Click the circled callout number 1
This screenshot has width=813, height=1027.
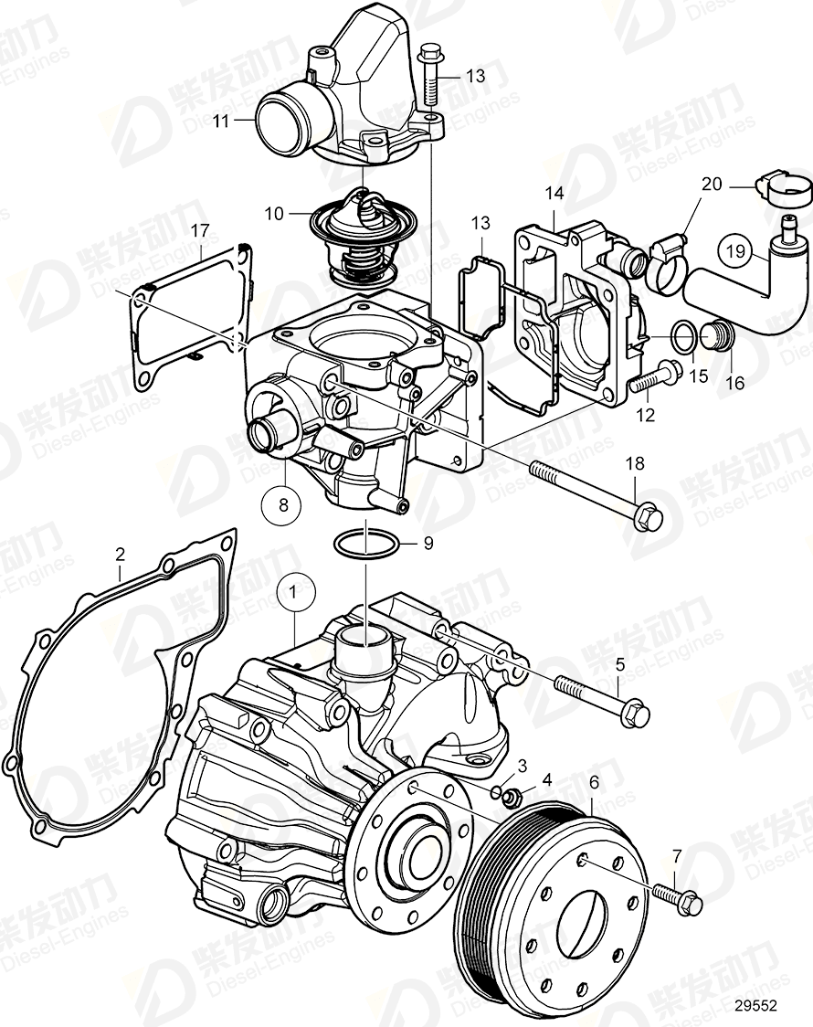pyautogui.click(x=294, y=594)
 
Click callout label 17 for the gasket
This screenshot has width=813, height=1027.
pyautogui.click(x=199, y=232)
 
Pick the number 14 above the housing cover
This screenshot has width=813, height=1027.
pyautogui.click(x=554, y=193)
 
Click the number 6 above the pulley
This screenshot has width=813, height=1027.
pyautogui.click(x=594, y=782)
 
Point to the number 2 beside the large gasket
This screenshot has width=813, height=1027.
pyautogui.click(x=120, y=553)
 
